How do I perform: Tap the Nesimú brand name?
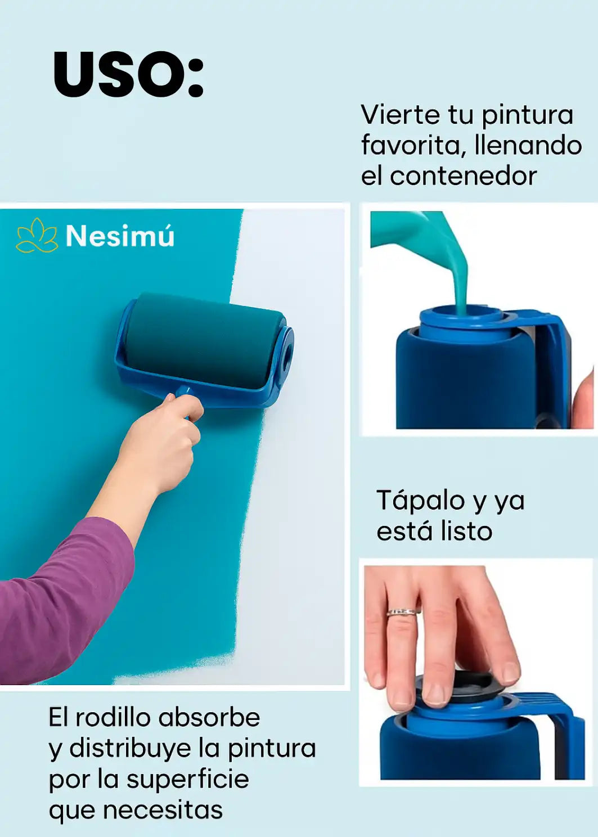[x=120, y=236]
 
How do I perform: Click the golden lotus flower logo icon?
[x=37, y=235]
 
